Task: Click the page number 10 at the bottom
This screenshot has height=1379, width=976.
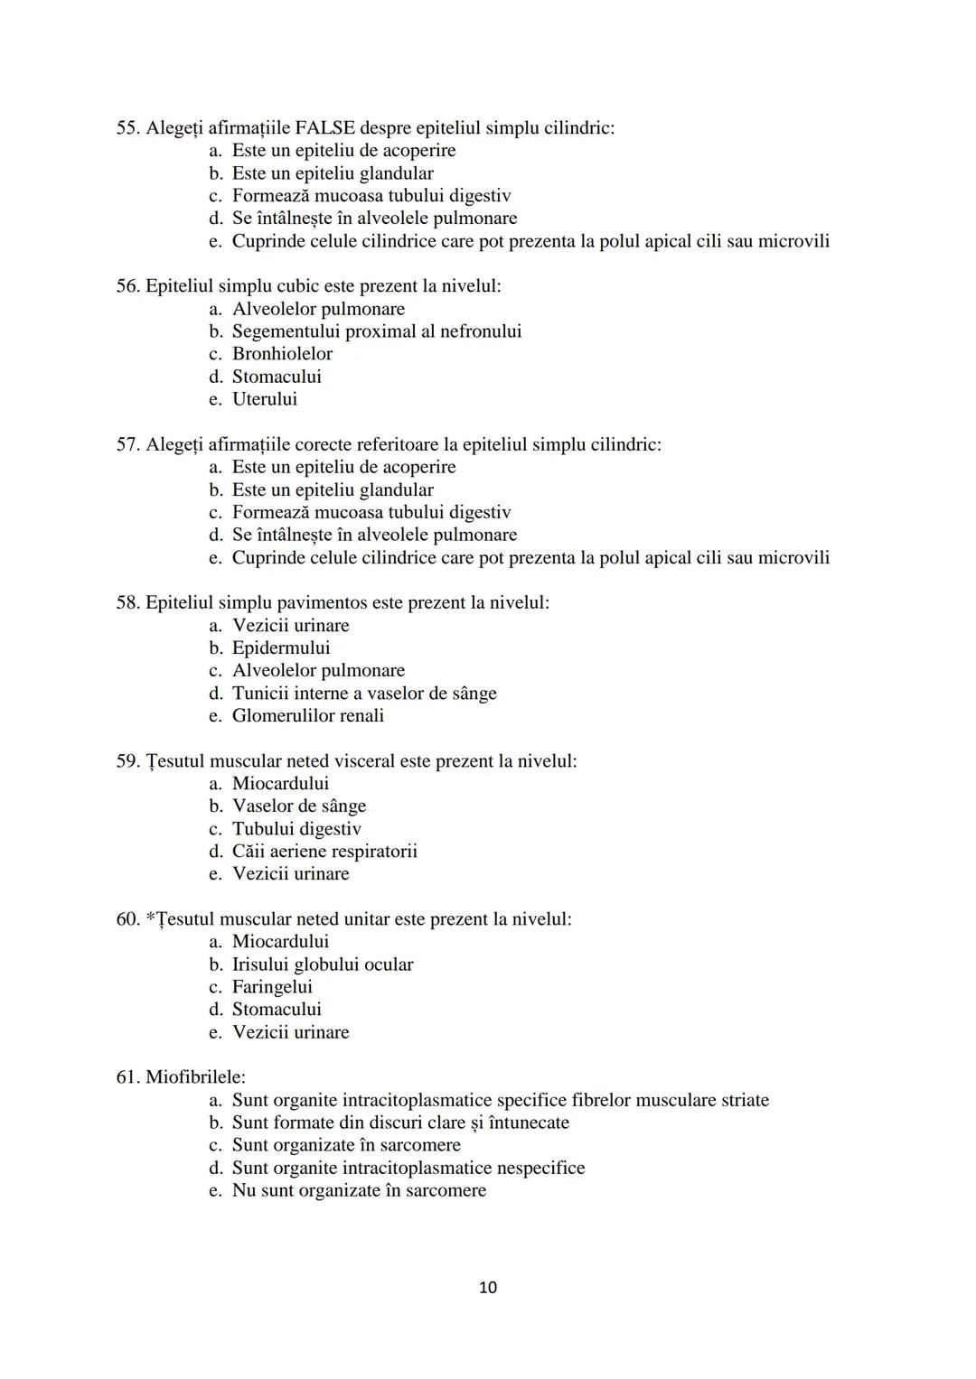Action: coord(488,1287)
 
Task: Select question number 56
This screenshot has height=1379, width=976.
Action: coord(127,286)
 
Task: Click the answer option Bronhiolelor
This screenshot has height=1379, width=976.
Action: coord(282,354)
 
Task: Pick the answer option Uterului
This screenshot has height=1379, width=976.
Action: coord(264,399)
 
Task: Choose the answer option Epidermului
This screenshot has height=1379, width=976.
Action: coord(281,648)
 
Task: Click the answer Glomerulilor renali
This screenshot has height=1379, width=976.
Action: coord(308,715)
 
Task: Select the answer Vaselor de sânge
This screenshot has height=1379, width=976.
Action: coord(299,806)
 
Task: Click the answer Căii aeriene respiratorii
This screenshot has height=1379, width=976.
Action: coord(324,851)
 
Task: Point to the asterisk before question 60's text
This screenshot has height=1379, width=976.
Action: coord(150,918)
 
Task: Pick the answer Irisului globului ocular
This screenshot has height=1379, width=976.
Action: coord(323,964)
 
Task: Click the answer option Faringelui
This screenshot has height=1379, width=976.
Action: coord(272,987)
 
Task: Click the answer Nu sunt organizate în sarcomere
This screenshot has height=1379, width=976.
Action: coord(359,1190)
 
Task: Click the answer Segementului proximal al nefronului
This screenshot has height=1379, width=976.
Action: coord(377,331)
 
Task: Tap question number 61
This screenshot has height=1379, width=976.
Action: coord(127,1077)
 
